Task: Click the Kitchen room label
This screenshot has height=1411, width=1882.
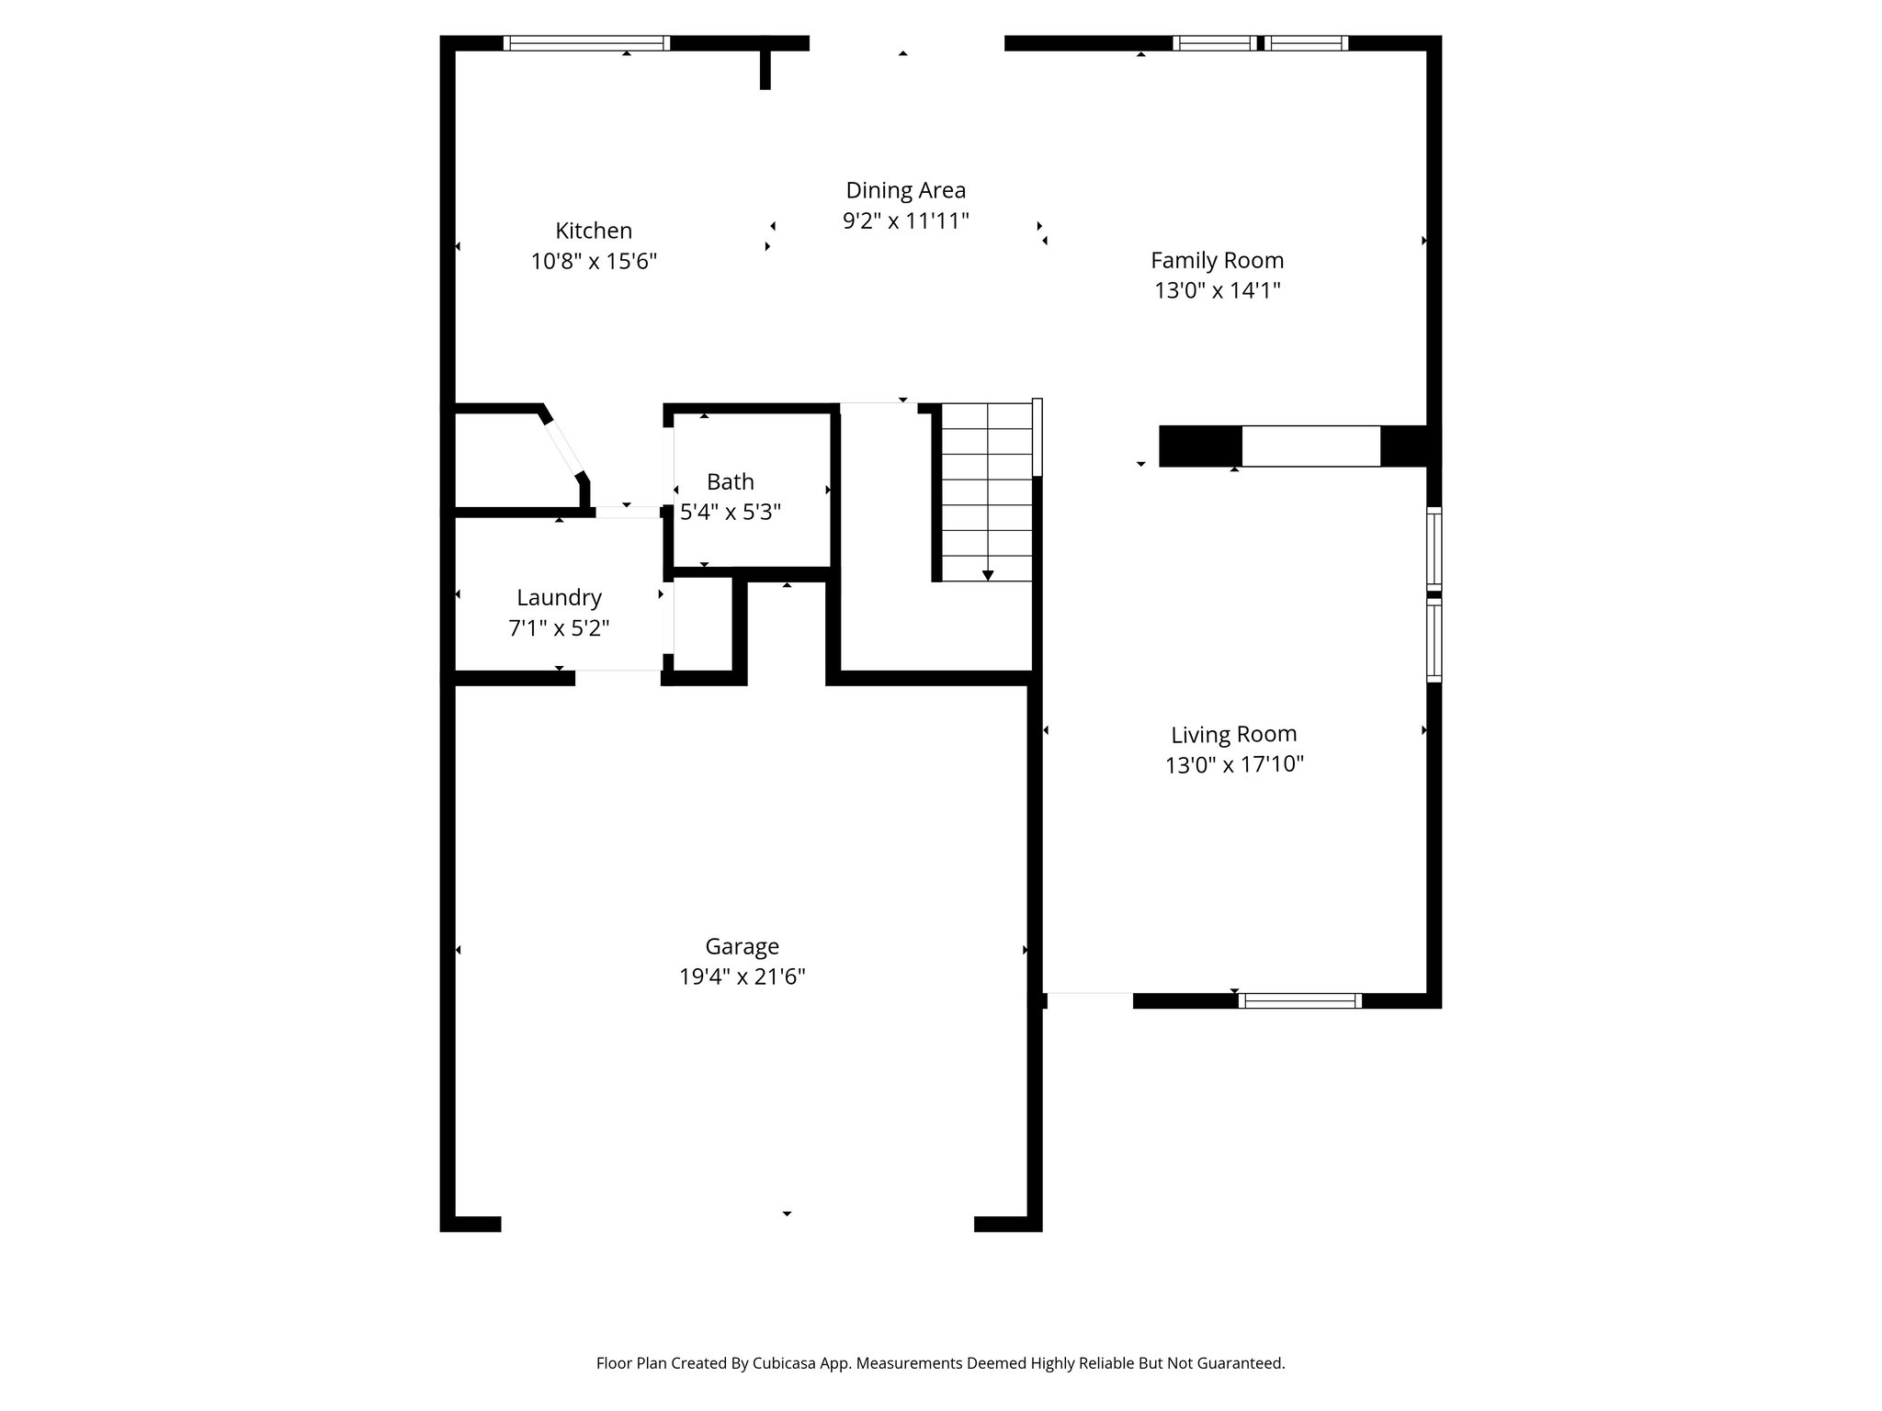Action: coord(594,231)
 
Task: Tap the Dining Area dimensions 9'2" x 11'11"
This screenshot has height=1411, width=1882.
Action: coord(905,221)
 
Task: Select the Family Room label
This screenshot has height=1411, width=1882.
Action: coord(1217,261)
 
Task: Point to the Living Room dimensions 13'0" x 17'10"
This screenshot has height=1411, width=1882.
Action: coord(1234,764)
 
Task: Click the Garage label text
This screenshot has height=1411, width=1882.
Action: coord(742,946)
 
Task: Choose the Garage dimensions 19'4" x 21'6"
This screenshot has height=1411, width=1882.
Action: coord(742,976)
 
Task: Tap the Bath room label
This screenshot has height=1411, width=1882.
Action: coord(730,482)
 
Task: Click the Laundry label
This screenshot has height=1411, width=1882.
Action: coord(559,598)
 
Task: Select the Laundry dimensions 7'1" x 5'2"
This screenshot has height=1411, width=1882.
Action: coord(559,628)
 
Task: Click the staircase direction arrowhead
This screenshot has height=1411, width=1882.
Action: coord(988,575)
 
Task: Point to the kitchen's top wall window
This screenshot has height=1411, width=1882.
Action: coord(586,43)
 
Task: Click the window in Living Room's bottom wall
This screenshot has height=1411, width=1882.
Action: coord(1299,1001)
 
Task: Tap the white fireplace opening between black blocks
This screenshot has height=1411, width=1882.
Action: coord(1310,446)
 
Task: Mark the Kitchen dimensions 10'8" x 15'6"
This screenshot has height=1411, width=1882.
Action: coord(594,262)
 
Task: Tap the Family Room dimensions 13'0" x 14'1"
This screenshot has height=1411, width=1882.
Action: coord(1217,291)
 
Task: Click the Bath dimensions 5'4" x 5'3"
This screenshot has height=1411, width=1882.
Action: coord(730,513)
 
